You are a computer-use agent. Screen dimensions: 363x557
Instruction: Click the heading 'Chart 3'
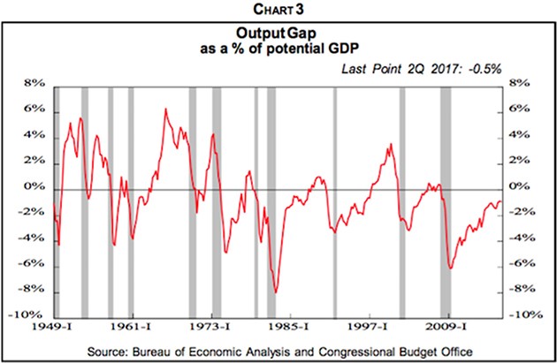(278, 10)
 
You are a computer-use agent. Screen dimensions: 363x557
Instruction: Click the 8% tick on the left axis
(33, 85)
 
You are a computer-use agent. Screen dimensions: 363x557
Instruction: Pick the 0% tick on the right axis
(520, 187)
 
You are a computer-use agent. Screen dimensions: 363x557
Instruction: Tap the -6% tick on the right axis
(522, 264)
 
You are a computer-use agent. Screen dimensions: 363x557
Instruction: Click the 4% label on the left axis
(33, 136)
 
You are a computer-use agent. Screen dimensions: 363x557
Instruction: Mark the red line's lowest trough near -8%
(276, 292)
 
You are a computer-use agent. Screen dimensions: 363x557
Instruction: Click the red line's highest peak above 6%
(166, 110)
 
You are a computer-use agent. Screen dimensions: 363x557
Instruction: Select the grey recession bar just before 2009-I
(446, 200)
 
